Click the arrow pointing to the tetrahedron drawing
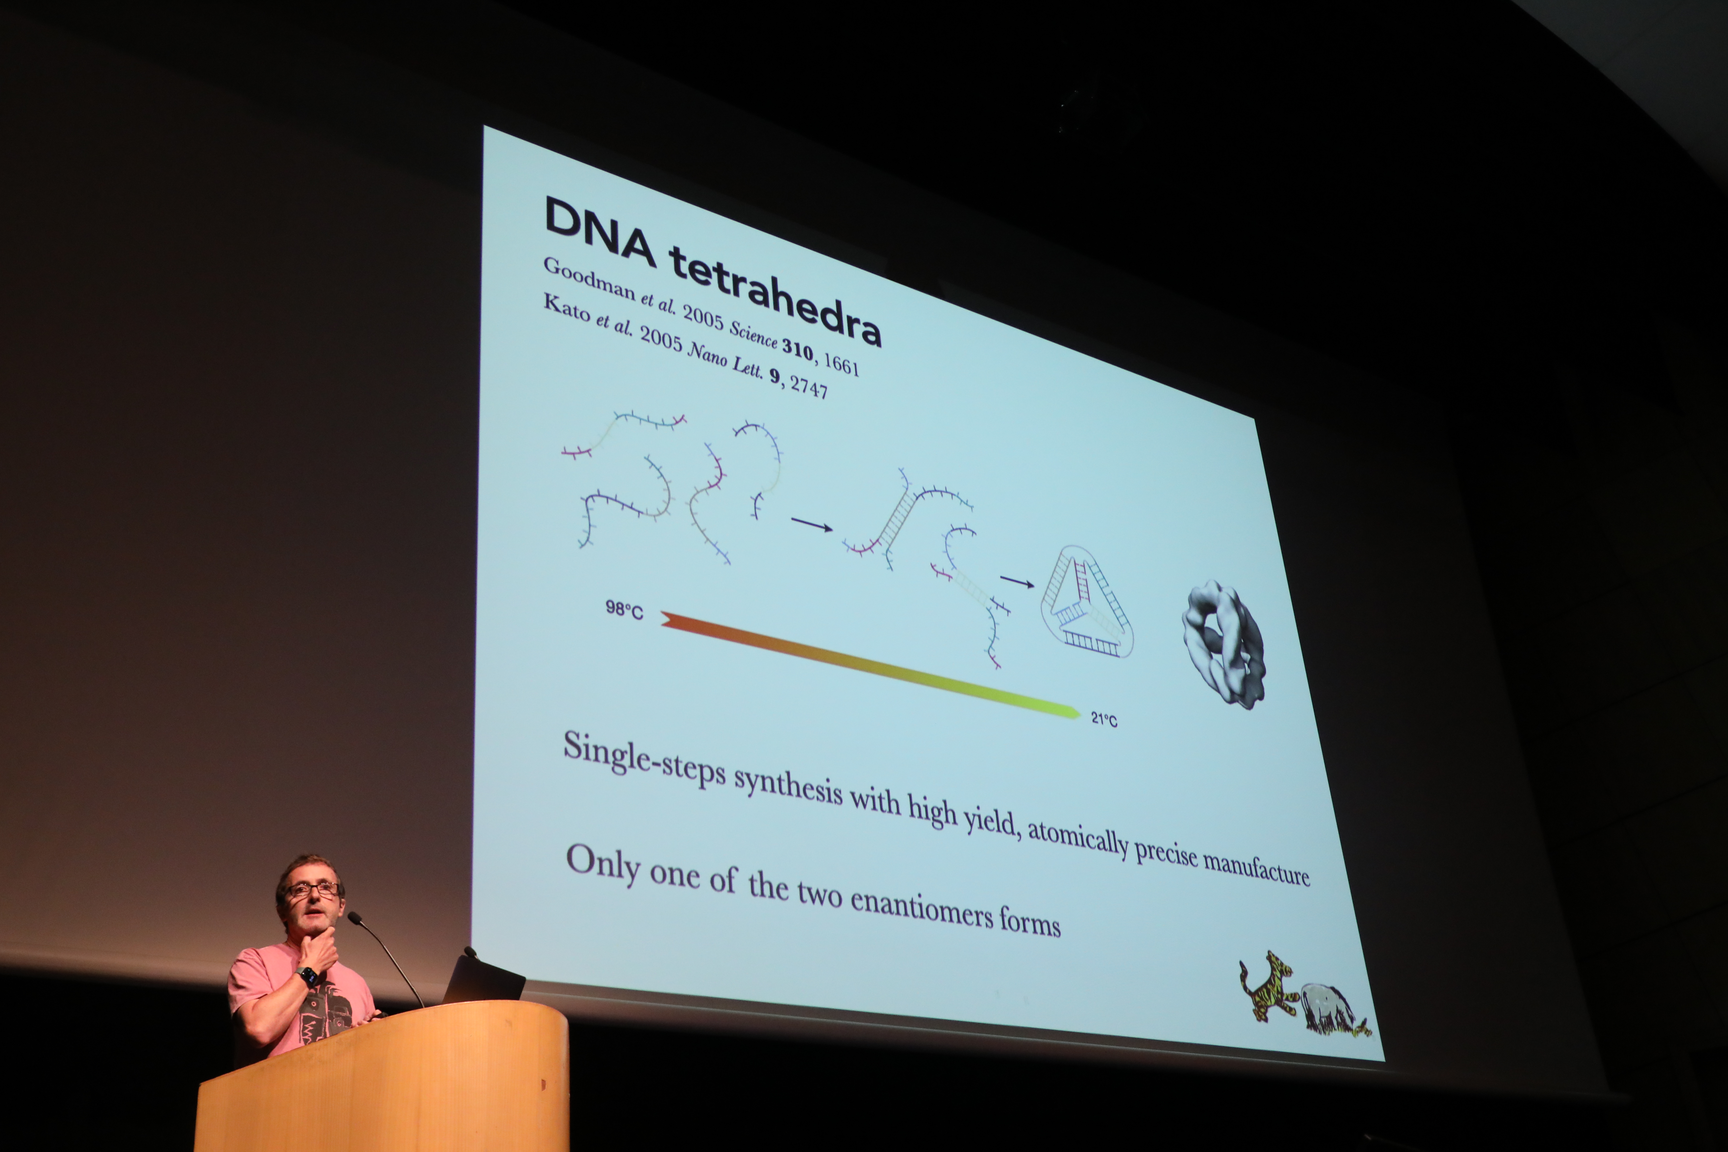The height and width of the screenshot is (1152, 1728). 1018,582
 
